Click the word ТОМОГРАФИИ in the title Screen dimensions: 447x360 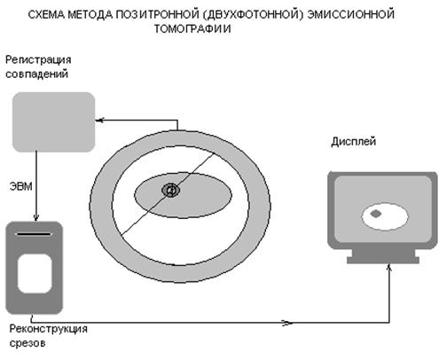tap(192, 28)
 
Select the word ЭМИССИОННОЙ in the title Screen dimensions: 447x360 tap(351, 14)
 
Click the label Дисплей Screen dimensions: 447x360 tap(354, 142)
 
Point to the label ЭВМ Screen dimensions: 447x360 tap(21, 186)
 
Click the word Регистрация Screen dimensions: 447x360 tap(38, 60)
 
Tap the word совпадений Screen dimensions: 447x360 tap(37, 74)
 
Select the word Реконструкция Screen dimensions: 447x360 tap(49, 329)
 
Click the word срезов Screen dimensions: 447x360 tap(27, 343)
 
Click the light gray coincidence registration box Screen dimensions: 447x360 tap(53, 122)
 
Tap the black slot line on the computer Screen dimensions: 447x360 tap(34, 234)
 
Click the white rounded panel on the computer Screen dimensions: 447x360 tap(35, 273)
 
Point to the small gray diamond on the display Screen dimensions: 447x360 tap(376, 214)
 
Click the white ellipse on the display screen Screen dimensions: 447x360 tap(385, 216)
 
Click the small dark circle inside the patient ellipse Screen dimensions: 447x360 tap(170, 191)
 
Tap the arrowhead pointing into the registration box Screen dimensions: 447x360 tap(99, 121)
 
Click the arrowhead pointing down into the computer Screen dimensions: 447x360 tap(36, 217)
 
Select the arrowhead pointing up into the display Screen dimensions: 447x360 tap(389, 268)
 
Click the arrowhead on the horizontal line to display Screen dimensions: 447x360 tap(287, 323)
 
